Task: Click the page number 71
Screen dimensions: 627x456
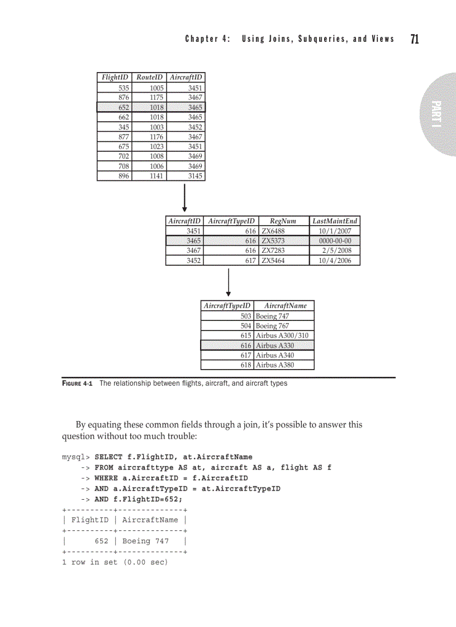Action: tap(415, 39)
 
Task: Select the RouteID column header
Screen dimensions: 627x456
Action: tap(149, 78)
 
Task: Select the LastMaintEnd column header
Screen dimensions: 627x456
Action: tap(335, 221)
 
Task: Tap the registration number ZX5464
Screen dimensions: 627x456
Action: tap(273, 260)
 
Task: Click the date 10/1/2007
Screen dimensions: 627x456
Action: tap(335, 231)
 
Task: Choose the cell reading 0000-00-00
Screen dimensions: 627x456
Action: tap(335, 241)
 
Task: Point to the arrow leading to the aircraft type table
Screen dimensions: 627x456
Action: tap(229, 282)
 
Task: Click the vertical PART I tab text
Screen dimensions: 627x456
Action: tap(436, 114)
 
